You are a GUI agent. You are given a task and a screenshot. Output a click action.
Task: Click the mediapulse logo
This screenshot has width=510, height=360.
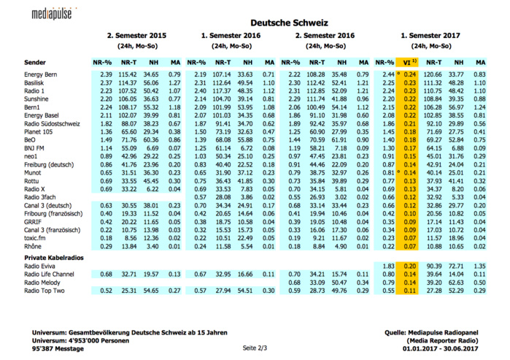(x=55, y=13)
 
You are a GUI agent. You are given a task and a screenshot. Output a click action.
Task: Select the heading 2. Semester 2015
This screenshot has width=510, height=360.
(x=136, y=35)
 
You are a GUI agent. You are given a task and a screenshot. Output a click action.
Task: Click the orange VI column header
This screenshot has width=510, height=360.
(x=411, y=62)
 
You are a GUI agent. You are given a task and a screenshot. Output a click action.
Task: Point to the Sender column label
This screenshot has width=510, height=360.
(x=35, y=62)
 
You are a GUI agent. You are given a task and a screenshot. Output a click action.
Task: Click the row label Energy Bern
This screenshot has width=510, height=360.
(x=42, y=74)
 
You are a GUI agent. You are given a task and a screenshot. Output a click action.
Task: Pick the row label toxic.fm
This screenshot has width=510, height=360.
(x=36, y=237)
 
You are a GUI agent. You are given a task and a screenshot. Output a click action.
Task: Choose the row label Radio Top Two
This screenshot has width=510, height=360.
(x=45, y=291)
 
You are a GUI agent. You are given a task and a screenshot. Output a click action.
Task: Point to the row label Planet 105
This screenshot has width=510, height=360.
(x=39, y=133)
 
